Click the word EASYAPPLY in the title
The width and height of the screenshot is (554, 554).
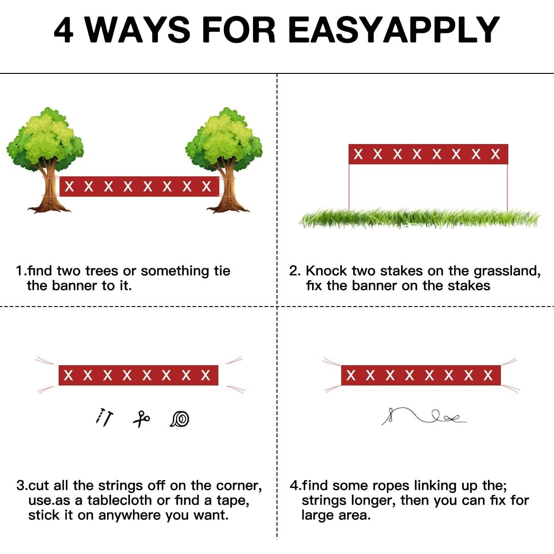click(x=394, y=30)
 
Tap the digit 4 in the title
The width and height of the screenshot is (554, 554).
click(x=64, y=30)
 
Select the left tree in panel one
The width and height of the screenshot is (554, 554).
click(x=45, y=160)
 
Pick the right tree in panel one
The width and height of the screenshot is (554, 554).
click(x=224, y=160)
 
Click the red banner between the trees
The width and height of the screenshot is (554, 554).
click(x=139, y=187)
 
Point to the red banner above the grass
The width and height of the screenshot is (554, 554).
click(x=428, y=154)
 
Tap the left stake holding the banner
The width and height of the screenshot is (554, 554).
click(x=349, y=187)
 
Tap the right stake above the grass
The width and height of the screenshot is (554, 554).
click(x=507, y=187)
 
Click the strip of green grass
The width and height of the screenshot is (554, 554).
click(x=420, y=218)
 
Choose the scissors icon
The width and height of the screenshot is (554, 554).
click(x=141, y=419)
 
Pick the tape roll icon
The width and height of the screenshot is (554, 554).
click(x=180, y=419)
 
